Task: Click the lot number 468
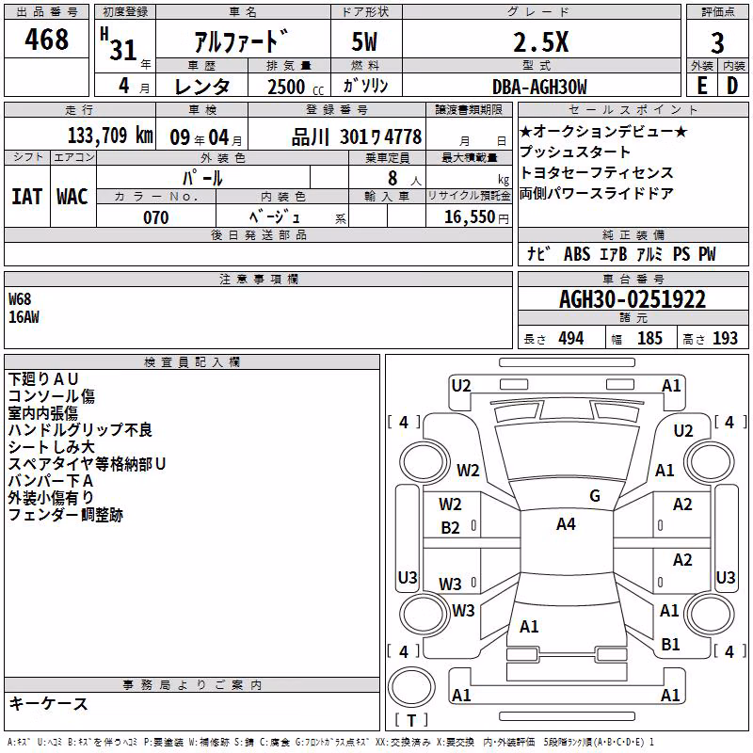point(46,39)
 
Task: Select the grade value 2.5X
point(540,41)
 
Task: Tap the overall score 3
point(717,42)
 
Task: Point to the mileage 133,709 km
point(110,136)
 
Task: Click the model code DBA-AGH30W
point(539,87)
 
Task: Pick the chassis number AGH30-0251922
point(633,299)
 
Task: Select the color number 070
point(155,217)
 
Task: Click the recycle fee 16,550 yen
point(476,217)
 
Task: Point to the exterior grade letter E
point(702,86)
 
